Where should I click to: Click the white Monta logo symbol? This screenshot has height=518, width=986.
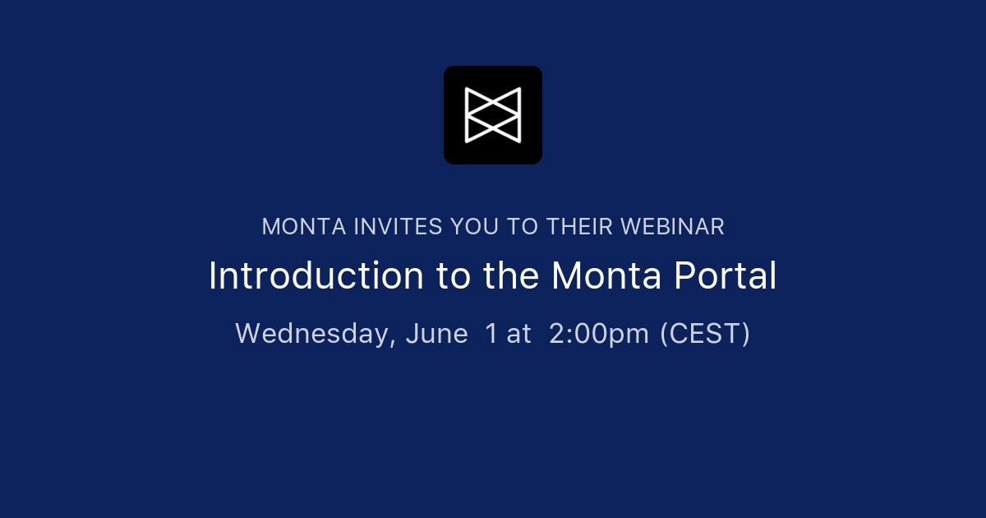point(493,115)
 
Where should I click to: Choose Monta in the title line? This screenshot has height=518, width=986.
point(607,276)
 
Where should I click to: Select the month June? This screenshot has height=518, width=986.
point(436,334)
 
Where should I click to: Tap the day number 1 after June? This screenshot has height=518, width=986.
point(491,334)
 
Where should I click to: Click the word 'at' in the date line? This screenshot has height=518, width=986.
point(519,334)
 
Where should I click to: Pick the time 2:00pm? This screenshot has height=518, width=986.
point(599,334)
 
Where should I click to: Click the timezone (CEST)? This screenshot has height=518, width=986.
point(705,334)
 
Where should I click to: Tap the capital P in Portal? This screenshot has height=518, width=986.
point(684,276)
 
